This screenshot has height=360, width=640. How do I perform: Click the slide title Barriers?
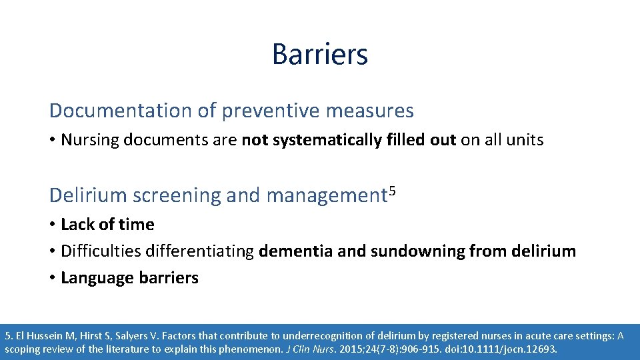319,54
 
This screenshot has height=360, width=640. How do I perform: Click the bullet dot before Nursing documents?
53,140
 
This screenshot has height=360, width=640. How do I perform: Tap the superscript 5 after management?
393,191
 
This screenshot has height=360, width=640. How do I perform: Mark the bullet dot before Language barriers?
53,278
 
